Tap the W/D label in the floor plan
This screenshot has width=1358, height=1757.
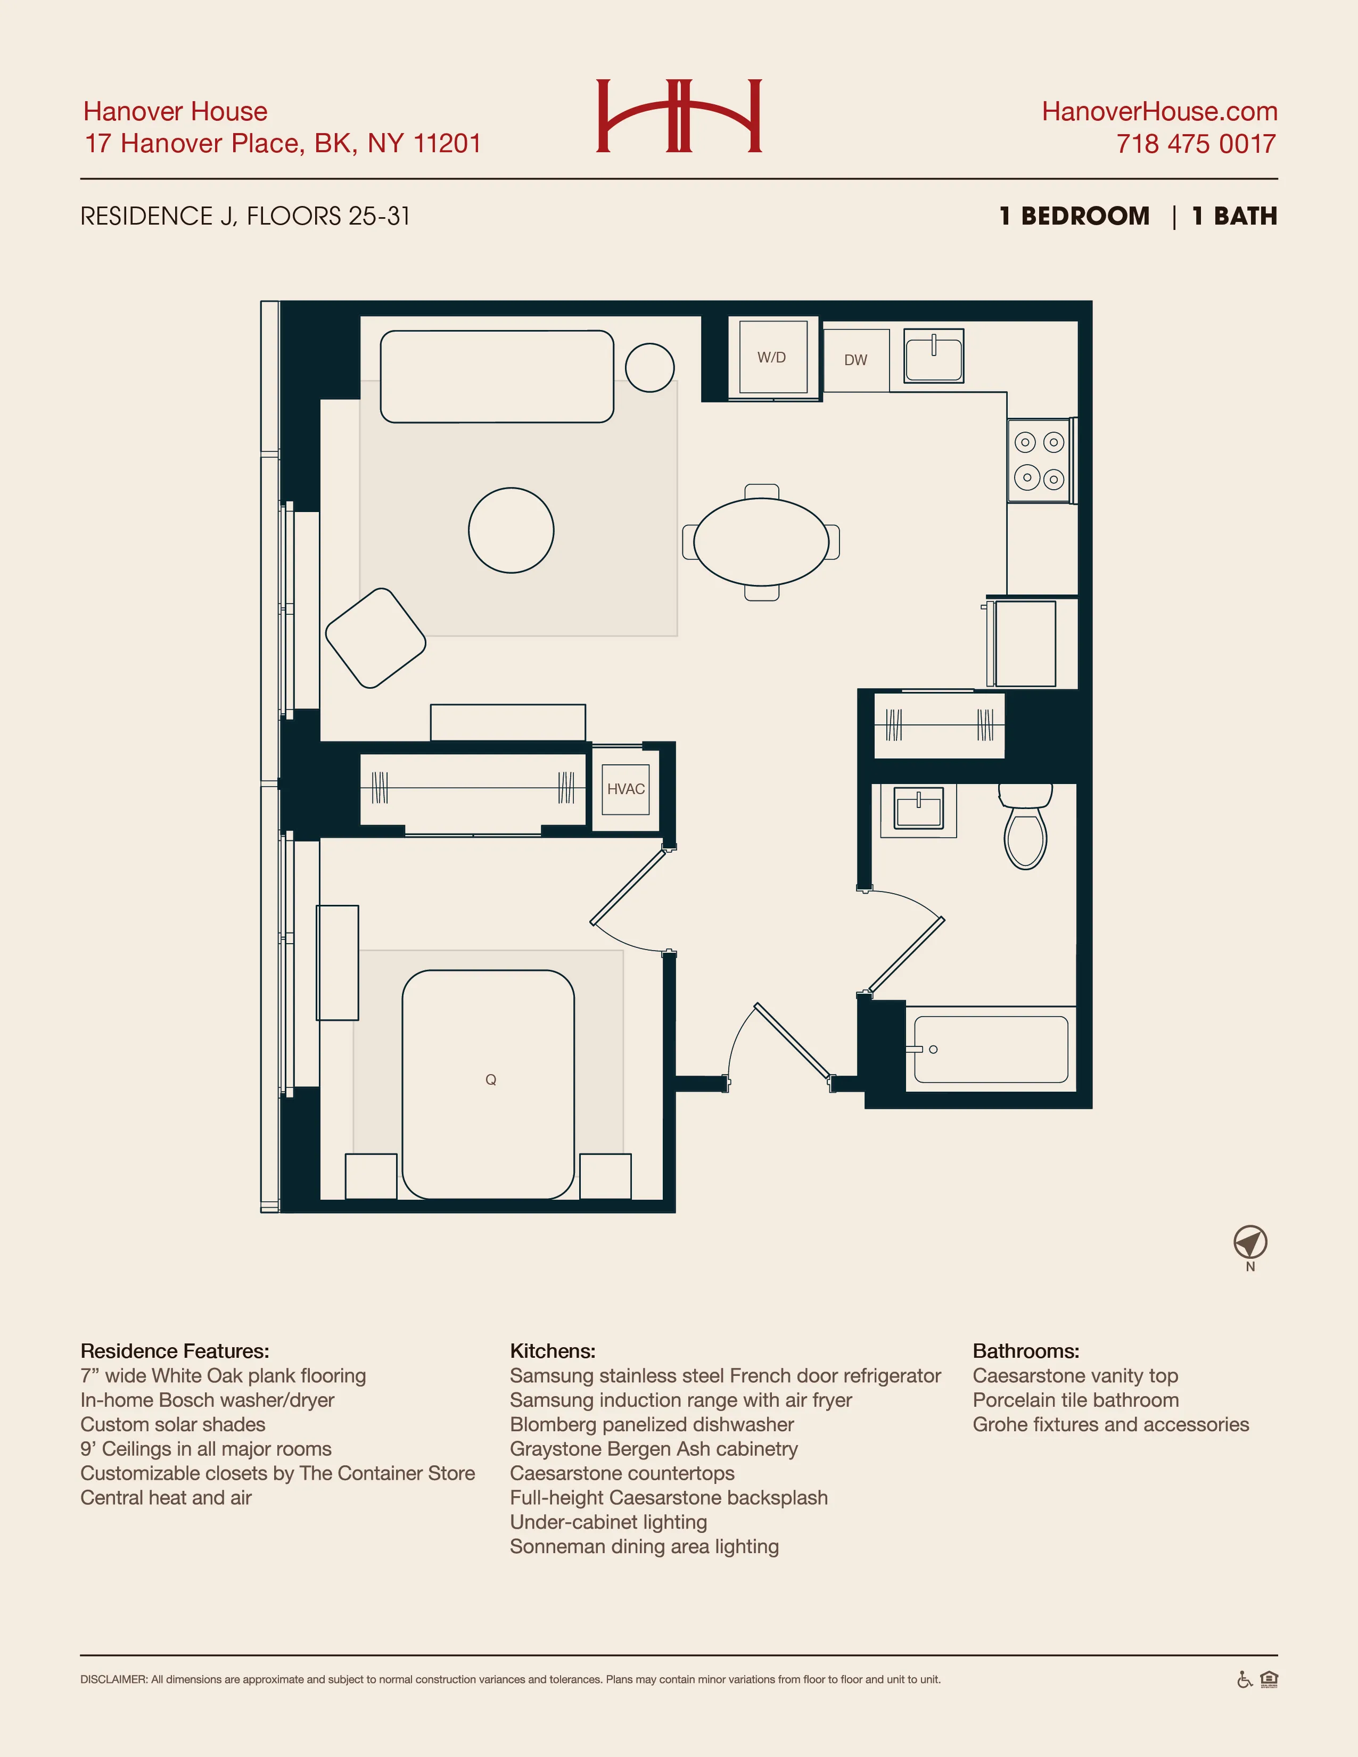pos(771,357)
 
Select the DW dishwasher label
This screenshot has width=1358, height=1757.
pos(855,360)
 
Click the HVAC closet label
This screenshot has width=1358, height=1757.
pos(626,789)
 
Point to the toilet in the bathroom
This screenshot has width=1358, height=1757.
pos(1025,829)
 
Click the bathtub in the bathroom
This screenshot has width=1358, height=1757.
pos(990,1049)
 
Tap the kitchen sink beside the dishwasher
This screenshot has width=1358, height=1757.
pos(933,356)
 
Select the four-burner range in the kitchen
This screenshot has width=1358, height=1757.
pos(1040,461)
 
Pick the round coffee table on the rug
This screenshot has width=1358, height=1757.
pos(512,530)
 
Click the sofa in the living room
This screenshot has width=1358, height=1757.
pos(497,376)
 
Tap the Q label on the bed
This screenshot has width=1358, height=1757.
pos(491,1079)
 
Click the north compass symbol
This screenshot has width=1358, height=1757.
pos(1250,1242)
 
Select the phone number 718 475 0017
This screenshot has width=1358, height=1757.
pos(1196,144)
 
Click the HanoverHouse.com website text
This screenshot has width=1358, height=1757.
pos(1159,111)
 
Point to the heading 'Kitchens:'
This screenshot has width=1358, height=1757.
pos(553,1351)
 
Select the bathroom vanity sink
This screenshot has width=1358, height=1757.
pos(918,809)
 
